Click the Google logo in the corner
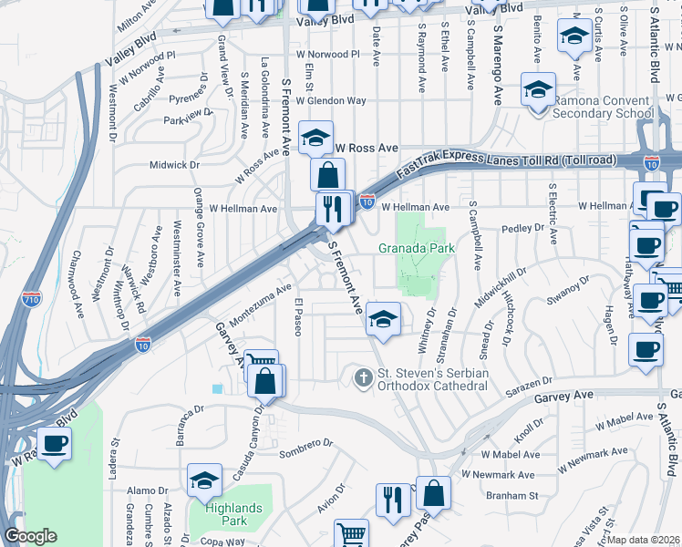click(x=30, y=536)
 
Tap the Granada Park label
click(x=417, y=248)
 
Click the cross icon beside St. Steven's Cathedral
click(x=363, y=377)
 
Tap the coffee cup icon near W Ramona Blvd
click(x=55, y=444)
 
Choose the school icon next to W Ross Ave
click(x=316, y=139)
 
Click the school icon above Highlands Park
click(x=205, y=480)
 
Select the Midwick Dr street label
click(x=174, y=165)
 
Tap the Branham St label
click(x=512, y=496)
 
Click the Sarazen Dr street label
click(x=530, y=386)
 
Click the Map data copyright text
click(x=644, y=539)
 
